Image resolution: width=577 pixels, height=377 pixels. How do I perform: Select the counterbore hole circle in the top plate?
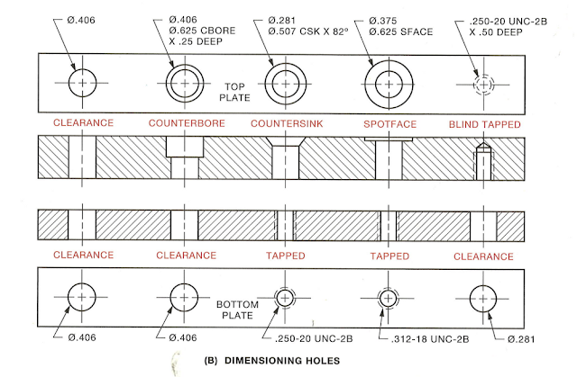pos(185,83)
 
